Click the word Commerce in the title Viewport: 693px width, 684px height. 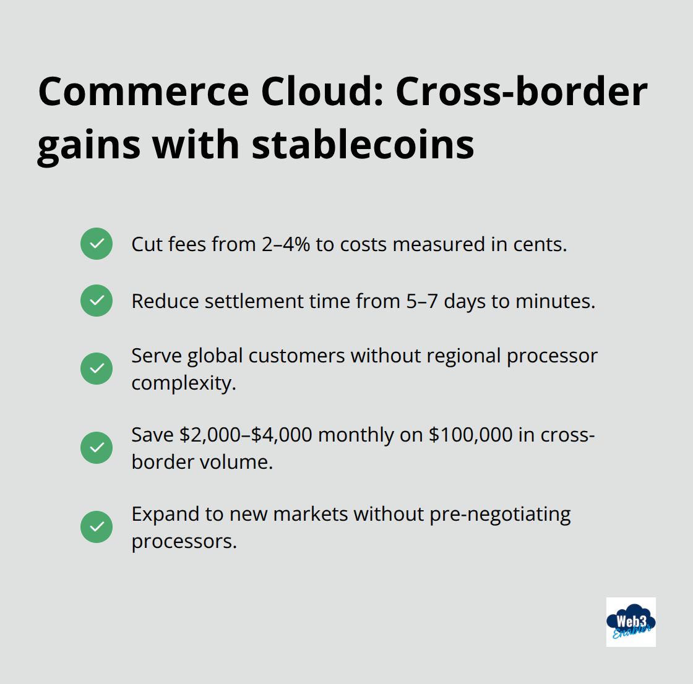click(144, 92)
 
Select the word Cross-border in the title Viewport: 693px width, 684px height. click(521, 92)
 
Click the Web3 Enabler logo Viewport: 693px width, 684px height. click(631, 622)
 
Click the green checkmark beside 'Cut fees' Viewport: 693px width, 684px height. click(97, 244)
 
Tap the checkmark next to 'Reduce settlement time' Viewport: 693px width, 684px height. click(97, 301)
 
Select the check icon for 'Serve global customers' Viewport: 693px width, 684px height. click(97, 369)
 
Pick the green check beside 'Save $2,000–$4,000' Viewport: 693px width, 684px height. click(97, 448)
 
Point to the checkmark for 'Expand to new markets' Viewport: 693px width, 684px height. click(97, 527)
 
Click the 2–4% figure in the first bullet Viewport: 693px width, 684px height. click(285, 244)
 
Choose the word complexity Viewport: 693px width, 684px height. click(183, 383)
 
